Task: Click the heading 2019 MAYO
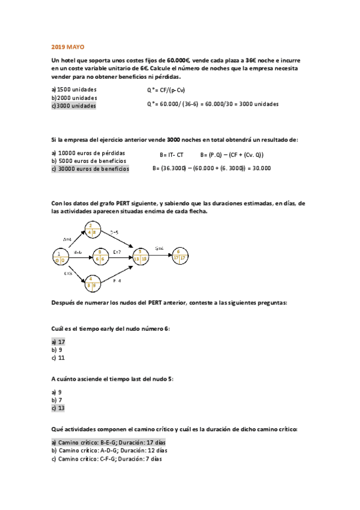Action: click(x=68, y=46)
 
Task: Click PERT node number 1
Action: click(x=61, y=257)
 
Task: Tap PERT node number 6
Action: click(x=178, y=255)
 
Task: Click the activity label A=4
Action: click(x=67, y=239)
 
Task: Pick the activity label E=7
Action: click(x=117, y=251)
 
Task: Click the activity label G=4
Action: click(x=159, y=248)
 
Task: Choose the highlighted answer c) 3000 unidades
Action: click(x=73, y=106)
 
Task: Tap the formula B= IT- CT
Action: click(x=171, y=155)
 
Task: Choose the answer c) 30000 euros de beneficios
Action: click(x=90, y=169)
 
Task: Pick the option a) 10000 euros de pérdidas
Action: click(x=88, y=153)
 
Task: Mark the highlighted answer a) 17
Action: click(x=58, y=341)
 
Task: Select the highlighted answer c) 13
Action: click(x=58, y=408)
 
